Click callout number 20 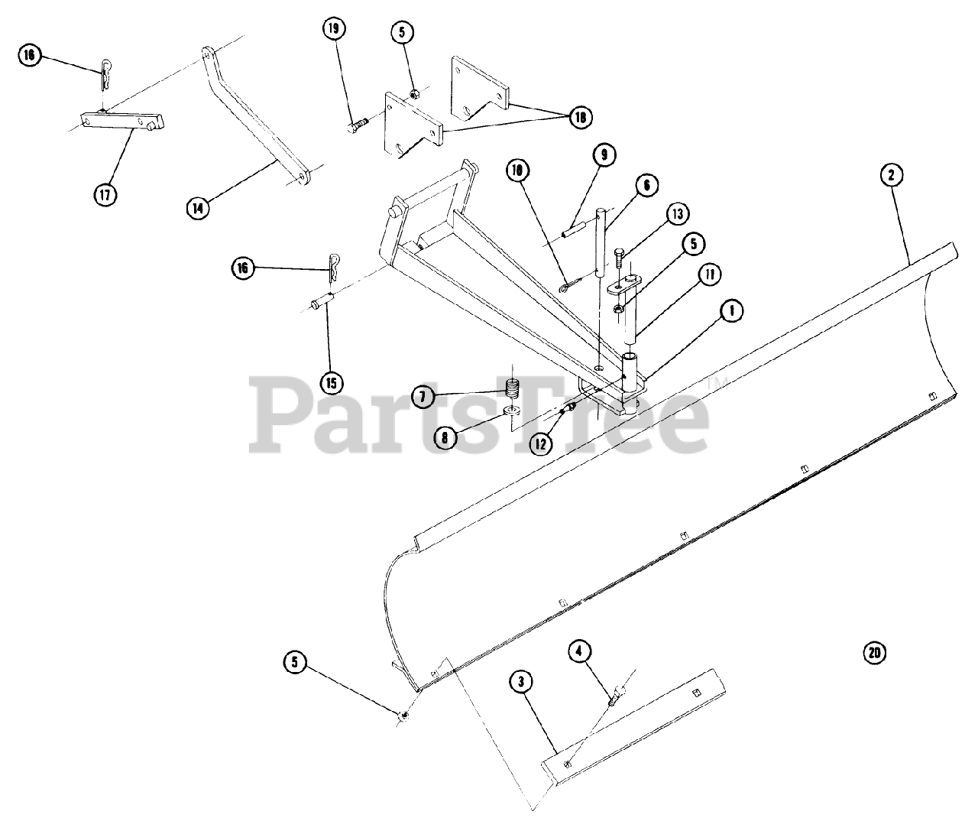pos(875,653)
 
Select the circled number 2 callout pos(891,175)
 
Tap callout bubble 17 pos(105,194)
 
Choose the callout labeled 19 pos(332,29)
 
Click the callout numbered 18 pos(580,116)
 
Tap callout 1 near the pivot pos(731,310)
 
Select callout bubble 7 pos(421,396)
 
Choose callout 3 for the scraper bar pos(520,680)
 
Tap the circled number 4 pos(579,651)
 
